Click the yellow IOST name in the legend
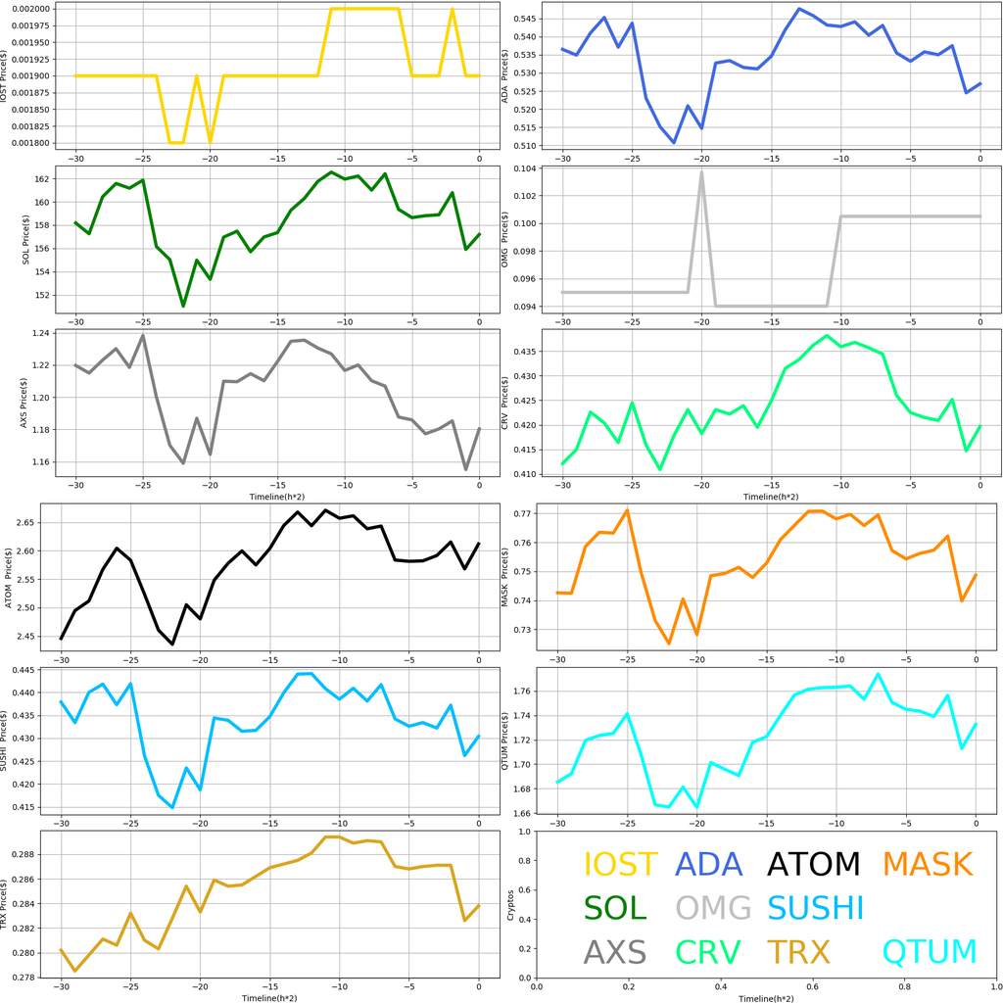coord(620,864)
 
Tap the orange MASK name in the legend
coord(927,864)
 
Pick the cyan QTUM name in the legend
coord(930,951)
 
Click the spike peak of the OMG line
coord(702,171)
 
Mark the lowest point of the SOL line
coord(183,307)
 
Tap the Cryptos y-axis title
coord(509,905)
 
